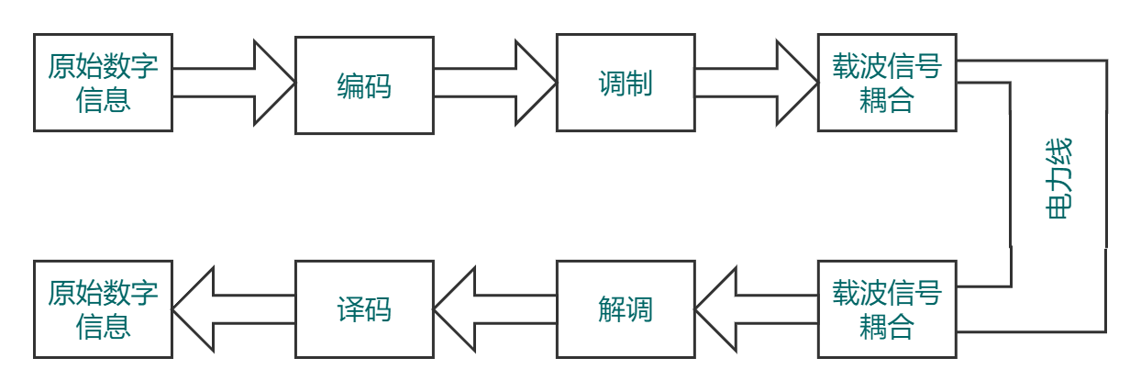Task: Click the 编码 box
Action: pos(364,84)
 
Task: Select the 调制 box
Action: pos(626,84)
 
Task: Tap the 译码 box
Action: pos(364,308)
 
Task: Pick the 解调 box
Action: pos(626,308)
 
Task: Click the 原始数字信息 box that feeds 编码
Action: pos(103,83)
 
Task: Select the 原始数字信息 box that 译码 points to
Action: pos(103,308)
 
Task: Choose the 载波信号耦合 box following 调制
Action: pos(887,83)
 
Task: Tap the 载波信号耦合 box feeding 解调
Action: pos(887,308)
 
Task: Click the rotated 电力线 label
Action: pos(1059,178)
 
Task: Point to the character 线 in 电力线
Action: pos(1059,151)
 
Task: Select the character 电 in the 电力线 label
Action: pos(1059,207)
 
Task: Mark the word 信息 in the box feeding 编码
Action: pos(103,98)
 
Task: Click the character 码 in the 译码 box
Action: pos(378,309)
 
